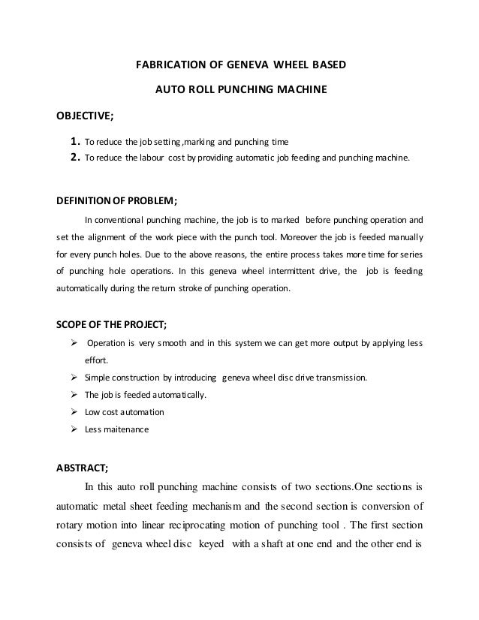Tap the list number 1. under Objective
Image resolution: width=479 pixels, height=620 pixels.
coord(74,141)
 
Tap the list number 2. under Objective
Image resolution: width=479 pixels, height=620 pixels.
coord(74,158)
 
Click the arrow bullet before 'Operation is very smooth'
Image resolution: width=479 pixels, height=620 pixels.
coord(74,345)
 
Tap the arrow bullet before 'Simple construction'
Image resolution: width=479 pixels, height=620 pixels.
coord(74,378)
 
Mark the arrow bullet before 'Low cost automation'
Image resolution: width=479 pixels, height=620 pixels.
coord(74,412)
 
